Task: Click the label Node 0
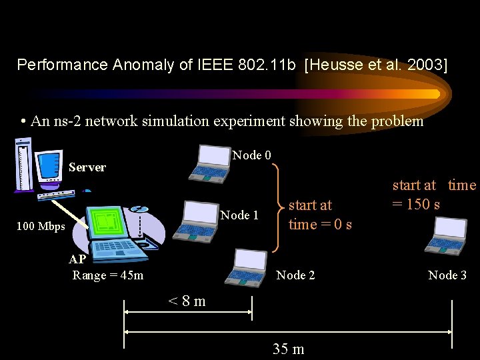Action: (x=251, y=155)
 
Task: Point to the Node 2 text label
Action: (x=295, y=275)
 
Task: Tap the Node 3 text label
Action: (x=447, y=275)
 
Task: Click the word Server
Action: (x=87, y=167)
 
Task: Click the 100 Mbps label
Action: (x=41, y=226)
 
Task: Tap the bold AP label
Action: (x=77, y=260)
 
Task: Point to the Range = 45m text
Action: (x=107, y=275)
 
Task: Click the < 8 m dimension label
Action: (x=187, y=301)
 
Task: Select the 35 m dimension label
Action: (x=288, y=349)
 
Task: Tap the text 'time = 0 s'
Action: (x=320, y=224)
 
